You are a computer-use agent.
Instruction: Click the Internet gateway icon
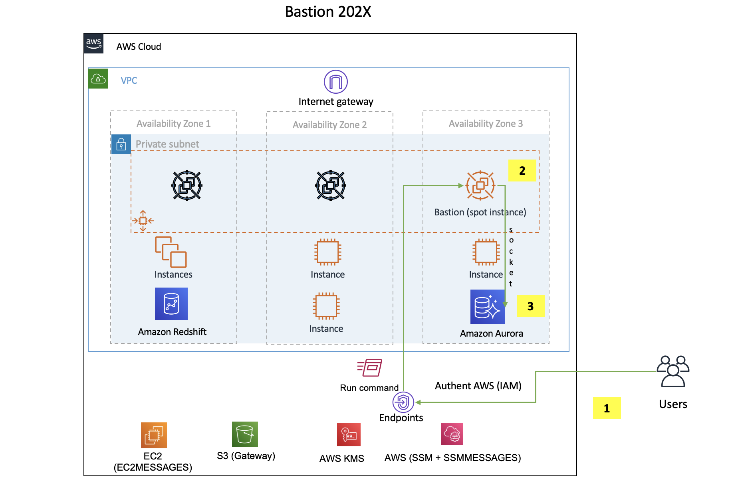pos(335,82)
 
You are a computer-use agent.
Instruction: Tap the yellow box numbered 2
pos(522,171)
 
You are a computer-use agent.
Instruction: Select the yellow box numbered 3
pos(530,306)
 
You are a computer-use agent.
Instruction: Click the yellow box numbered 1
pos(607,408)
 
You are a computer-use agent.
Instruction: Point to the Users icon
pos(673,371)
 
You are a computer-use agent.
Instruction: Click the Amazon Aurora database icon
pos(487,307)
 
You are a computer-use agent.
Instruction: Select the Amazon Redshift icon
pos(171,304)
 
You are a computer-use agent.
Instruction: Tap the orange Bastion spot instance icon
pos(480,185)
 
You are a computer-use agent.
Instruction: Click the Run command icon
pos(370,368)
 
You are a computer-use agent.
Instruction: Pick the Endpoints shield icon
pos(403,402)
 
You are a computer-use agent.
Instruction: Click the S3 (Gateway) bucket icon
pos(245,434)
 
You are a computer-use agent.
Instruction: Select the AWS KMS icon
pos(349,434)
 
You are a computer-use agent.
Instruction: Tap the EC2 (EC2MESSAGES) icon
pos(154,435)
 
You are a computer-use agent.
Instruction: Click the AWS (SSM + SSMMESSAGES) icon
pos(452,434)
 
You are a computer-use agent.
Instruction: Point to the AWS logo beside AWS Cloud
pos(94,43)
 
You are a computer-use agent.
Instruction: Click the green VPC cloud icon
pos(98,79)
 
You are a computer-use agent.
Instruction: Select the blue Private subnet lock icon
pos(121,144)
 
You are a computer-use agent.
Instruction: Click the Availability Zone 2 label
pos(329,125)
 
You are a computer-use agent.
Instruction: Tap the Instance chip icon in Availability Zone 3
pos(486,252)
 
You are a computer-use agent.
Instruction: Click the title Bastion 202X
pos(328,12)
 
